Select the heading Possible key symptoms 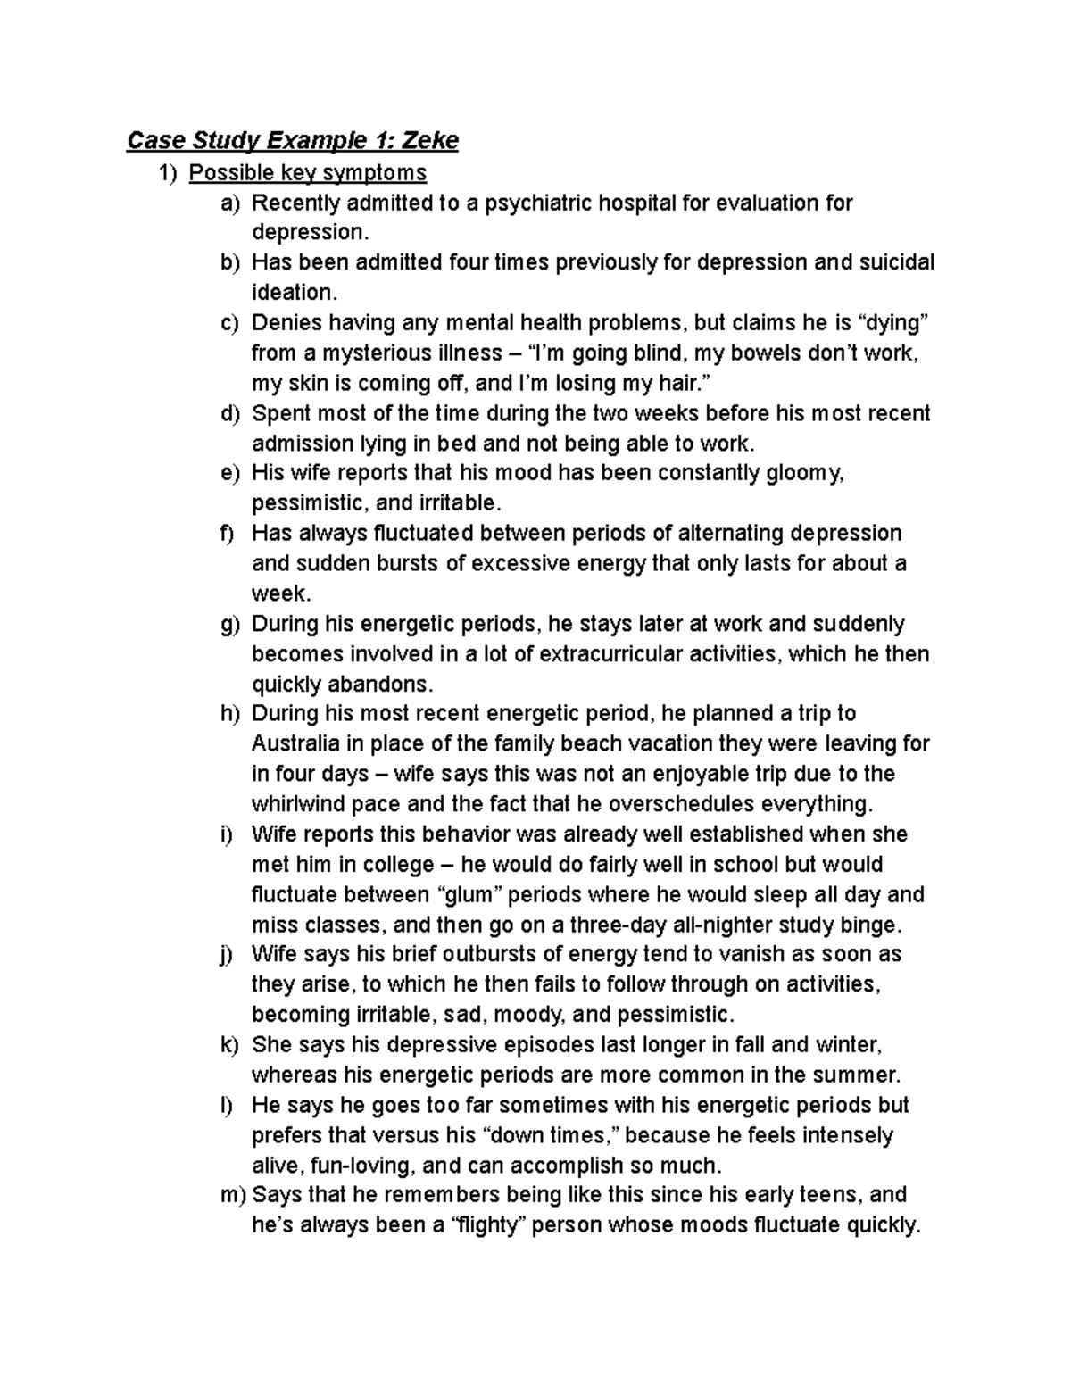point(307,172)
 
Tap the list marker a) point(230,203)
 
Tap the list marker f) point(228,534)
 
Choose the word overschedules point(685,804)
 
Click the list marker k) point(230,1045)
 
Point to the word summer point(855,1075)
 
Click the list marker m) point(234,1195)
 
